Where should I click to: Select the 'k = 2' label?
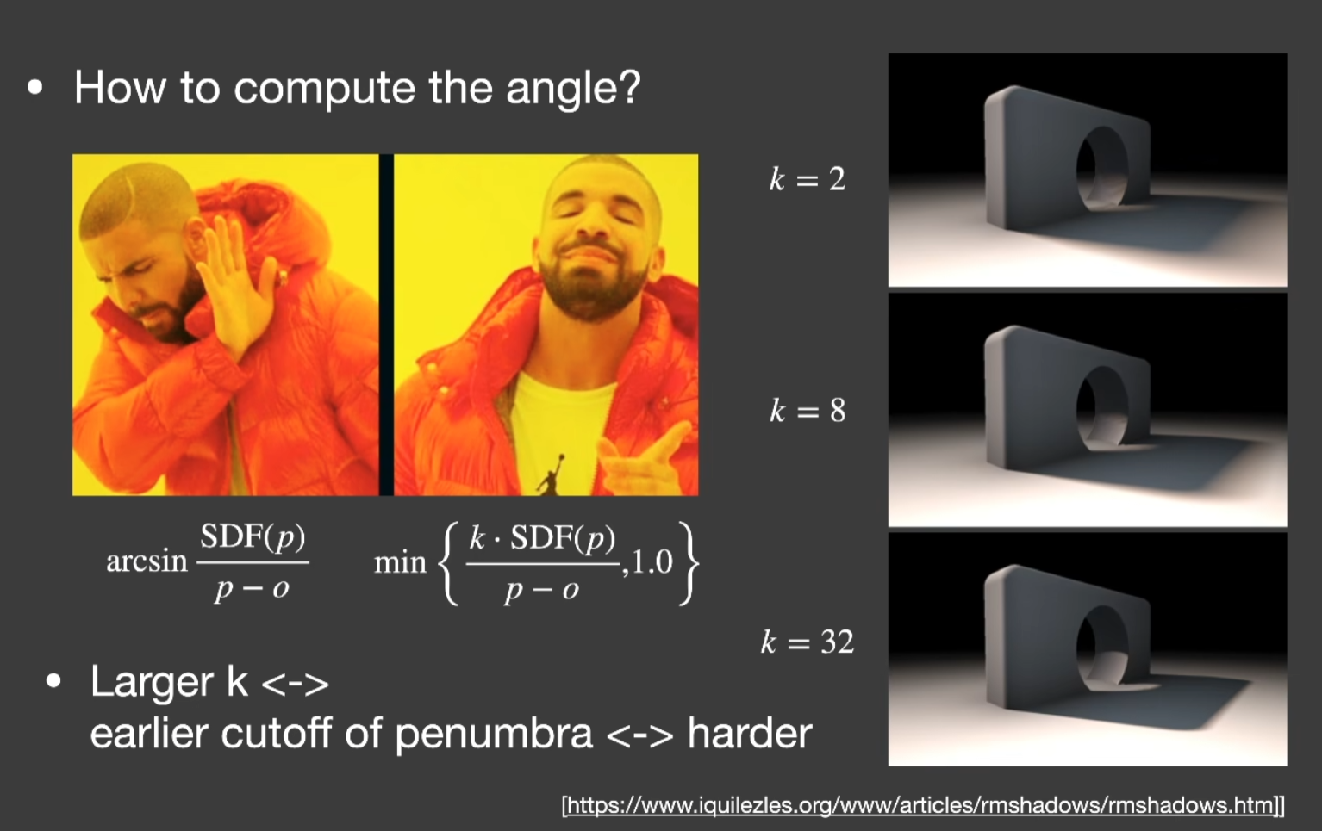808,179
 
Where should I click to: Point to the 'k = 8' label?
808,410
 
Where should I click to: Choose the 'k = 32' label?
808,642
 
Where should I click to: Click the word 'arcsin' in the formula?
147,561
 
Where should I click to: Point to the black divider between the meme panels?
386,325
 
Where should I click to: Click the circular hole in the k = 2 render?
1101,168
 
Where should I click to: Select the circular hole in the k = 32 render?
1101,648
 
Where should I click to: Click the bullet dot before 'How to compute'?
35,88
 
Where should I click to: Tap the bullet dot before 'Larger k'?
53,681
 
